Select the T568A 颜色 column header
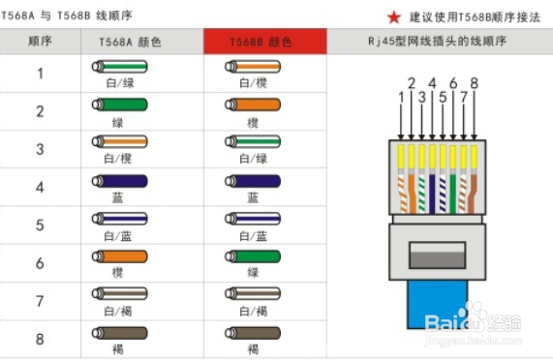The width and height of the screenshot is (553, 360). (x=130, y=43)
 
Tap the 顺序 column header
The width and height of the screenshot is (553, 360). (x=41, y=43)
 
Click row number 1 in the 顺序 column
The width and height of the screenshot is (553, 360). (x=41, y=73)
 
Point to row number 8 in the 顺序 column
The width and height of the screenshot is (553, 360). (x=41, y=339)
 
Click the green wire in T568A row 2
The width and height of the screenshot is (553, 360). (x=120, y=105)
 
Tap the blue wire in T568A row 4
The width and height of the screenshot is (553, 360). (x=120, y=181)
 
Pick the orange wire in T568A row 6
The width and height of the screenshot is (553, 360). (x=120, y=256)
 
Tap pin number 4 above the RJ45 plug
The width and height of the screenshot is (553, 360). (x=432, y=82)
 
